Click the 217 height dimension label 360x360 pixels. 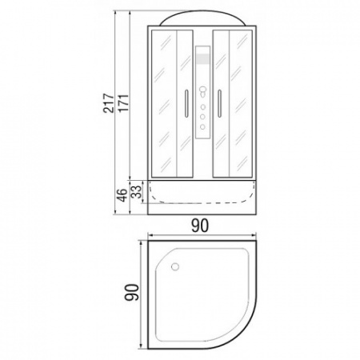coord(108,103)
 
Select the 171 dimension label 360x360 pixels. coord(123,103)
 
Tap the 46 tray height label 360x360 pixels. coord(122,194)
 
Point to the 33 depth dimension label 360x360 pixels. coord(136,191)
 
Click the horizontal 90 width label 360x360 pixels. coord(199,226)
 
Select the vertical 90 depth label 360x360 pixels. coord(132,292)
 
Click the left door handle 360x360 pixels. coord(186,104)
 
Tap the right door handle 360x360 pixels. coord(219,104)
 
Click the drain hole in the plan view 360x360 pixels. coord(175,266)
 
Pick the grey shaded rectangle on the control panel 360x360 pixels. coord(202,59)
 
